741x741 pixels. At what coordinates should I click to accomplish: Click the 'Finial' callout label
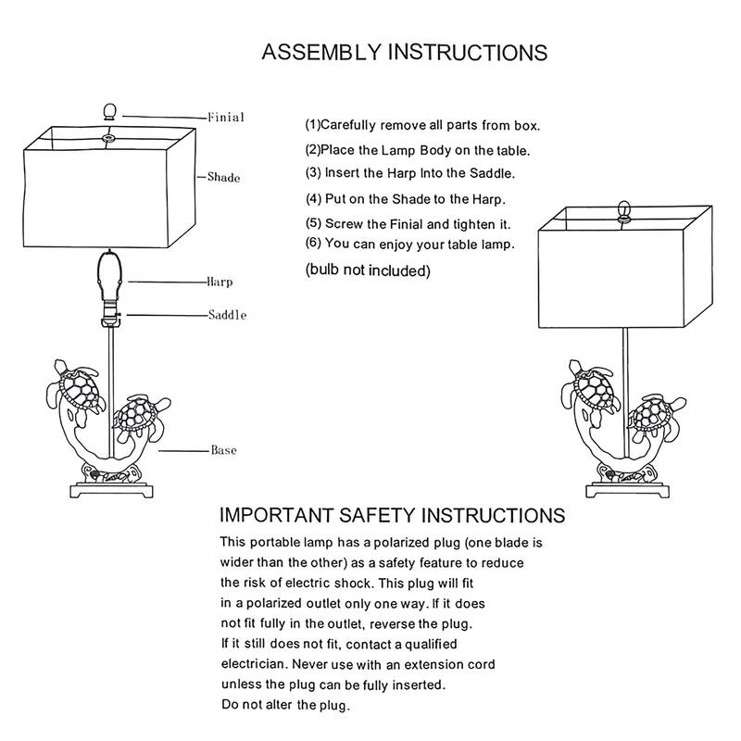(225, 118)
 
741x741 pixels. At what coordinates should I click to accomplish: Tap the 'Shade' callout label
(224, 176)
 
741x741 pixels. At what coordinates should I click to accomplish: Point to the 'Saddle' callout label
(227, 316)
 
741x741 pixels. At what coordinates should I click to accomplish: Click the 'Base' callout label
(223, 450)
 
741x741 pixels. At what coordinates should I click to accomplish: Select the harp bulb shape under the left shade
(109, 276)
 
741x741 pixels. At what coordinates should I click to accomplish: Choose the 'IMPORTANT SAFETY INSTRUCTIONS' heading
(392, 515)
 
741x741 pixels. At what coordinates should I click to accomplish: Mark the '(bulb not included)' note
(368, 271)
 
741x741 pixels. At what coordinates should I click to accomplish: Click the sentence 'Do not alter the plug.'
(283, 706)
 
